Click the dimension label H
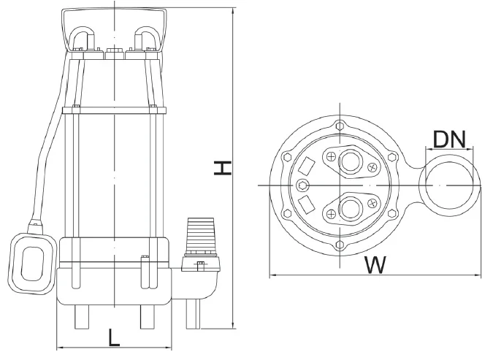pyautogui.click(x=223, y=168)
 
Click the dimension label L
pyautogui.click(x=114, y=337)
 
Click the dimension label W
pyautogui.click(x=375, y=265)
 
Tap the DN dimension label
pyautogui.click(x=449, y=139)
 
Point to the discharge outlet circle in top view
pyautogui.click(x=449, y=185)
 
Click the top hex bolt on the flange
pyautogui.click(x=340, y=125)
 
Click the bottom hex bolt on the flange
pyautogui.click(x=340, y=245)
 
